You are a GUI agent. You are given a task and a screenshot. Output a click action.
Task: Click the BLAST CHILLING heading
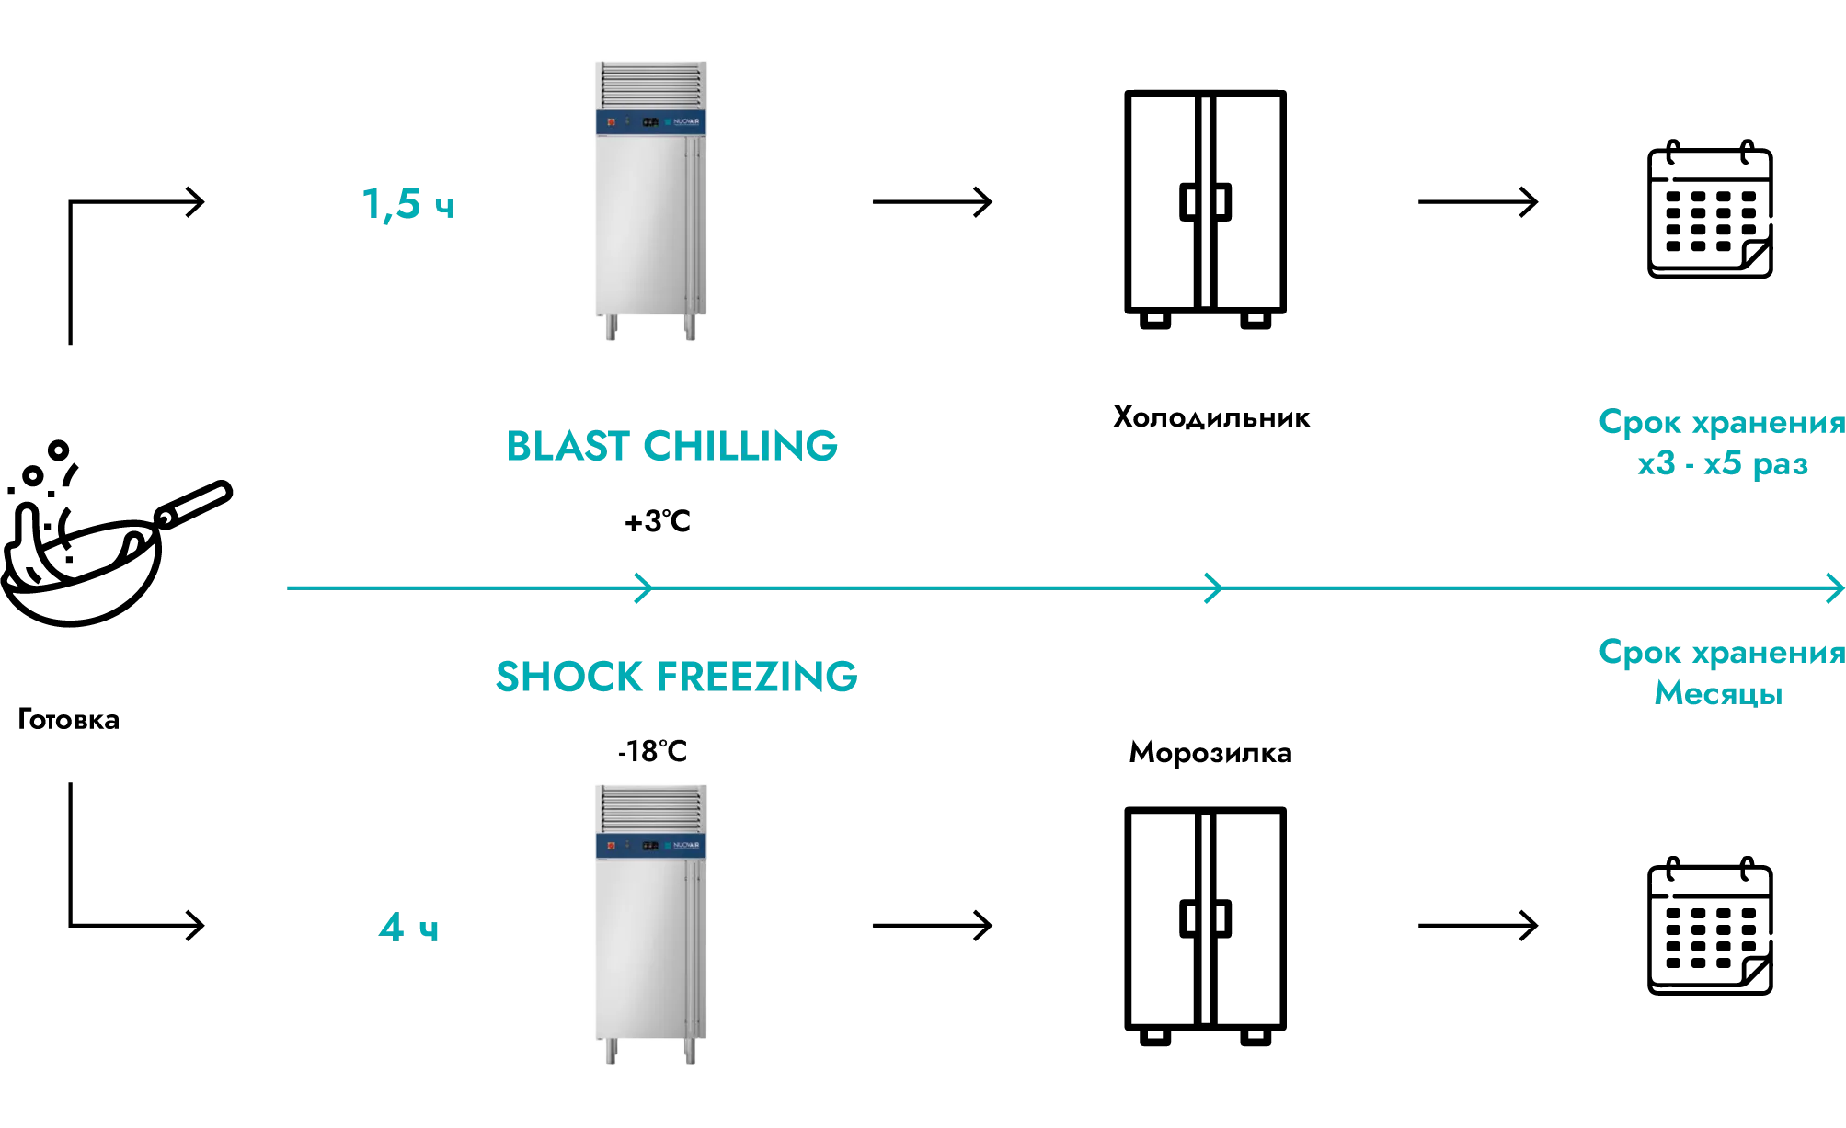pyautogui.click(x=671, y=446)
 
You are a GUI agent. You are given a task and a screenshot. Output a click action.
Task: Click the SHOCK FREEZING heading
pyautogui.click(x=676, y=677)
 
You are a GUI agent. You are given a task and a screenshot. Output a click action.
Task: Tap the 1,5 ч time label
pyautogui.click(x=408, y=204)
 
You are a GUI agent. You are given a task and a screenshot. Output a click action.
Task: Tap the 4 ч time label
pyautogui.click(x=408, y=927)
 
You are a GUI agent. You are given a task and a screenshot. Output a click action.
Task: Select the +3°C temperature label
pyautogui.click(x=658, y=521)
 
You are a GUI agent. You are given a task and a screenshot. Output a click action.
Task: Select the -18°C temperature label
pyautogui.click(x=652, y=751)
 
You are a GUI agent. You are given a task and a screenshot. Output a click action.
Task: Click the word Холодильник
pyautogui.click(x=1211, y=418)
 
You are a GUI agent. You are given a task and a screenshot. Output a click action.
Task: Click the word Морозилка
pyautogui.click(x=1210, y=753)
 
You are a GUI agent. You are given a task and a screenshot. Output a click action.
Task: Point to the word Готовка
pyautogui.click(x=69, y=719)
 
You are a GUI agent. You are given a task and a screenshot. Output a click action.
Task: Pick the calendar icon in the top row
pyautogui.click(x=1710, y=210)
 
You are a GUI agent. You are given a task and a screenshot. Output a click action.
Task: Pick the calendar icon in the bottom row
pyautogui.click(x=1710, y=927)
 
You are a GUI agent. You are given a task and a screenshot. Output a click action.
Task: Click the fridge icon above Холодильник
pyautogui.click(x=1205, y=210)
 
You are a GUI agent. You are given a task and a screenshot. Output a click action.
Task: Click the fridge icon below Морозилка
pyautogui.click(x=1205, y=927)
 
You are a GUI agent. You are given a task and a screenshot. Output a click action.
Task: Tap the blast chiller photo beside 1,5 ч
pyautogui.click(x=651, y=200)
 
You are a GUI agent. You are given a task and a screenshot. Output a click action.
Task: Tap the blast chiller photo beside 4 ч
pyautogui.click(x=651, y=924)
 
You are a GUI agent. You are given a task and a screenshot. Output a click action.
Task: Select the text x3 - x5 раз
pyautogui.click(x=1723, y=463)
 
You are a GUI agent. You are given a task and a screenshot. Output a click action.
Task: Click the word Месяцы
pyautogui.click(x=1718, y=693)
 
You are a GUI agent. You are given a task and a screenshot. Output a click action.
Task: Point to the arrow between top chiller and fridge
pyautogui.click(x=933, y=201)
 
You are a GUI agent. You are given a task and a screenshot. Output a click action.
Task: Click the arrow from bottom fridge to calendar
pyautogui.click(x=1478, y=925)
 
